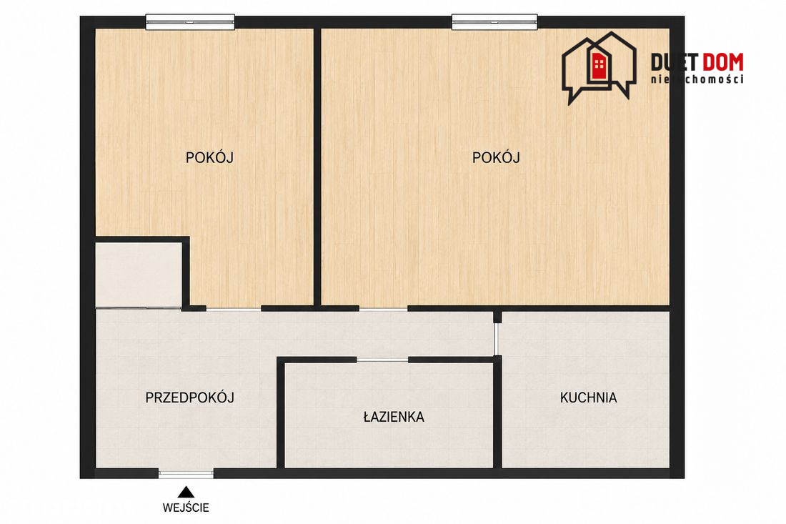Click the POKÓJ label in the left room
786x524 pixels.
pos(209,157)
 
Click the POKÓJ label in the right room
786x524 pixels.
pos(496,157)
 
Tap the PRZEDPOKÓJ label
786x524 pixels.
pos(190,397)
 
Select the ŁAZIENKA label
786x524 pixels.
pos(394,417)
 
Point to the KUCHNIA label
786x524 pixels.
pos(589,397)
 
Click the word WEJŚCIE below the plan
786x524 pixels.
pos(186,508)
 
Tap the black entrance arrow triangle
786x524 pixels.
pos(186,492)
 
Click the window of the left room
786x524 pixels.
pos(191,22)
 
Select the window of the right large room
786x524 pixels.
pos(494,22)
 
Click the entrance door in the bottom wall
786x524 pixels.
pos(186,473)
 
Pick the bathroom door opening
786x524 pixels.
pos(382,360)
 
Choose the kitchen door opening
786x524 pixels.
pos(497,340)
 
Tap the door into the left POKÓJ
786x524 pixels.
pos(234,309)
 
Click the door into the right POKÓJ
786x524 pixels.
pos(384,309)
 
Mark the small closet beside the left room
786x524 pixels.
pos(139,275)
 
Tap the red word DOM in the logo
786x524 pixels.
pos(722,62)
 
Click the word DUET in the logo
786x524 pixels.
pos(675,62)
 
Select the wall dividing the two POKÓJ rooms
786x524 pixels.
pos(317,167)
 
